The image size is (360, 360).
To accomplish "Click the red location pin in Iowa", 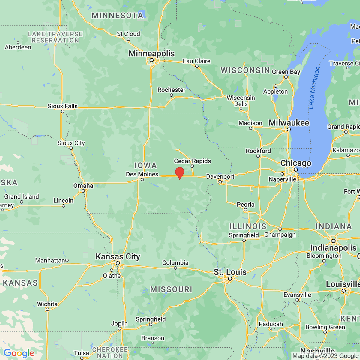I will [x=179, y=173].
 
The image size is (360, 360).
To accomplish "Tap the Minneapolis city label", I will [x=151, y=54].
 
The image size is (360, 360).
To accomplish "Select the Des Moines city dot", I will [x=142, y=179].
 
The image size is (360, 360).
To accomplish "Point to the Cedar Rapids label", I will [x=192, y=161].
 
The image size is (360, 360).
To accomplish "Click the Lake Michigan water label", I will [x=314, y=88].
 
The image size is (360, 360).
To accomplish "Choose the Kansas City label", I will [x=118, y=256].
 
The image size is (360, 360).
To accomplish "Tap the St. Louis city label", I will [x=230, y=272].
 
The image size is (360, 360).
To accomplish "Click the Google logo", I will [x=19, y=353].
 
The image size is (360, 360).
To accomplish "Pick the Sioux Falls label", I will [x=63, y=106].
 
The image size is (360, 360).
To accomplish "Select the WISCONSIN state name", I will [x=245, y=70].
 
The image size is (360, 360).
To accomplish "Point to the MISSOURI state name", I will [x=171, y=289].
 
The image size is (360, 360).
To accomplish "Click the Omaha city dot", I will [x=83, y=191].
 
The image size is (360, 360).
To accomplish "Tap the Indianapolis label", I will [x=334, y=248].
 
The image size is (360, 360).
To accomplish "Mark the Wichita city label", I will [x=47, y=304].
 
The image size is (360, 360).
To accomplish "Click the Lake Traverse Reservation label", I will [x=55, y=37].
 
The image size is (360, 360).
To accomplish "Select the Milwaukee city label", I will [x=289, y=123].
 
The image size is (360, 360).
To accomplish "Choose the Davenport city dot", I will [x=220, y=182].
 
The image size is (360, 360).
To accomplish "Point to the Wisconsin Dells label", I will [x=241, y=101].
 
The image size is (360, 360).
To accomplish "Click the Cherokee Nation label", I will [x=110, y=353].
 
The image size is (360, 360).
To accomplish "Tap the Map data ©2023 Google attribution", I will [x=325, y=356].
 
